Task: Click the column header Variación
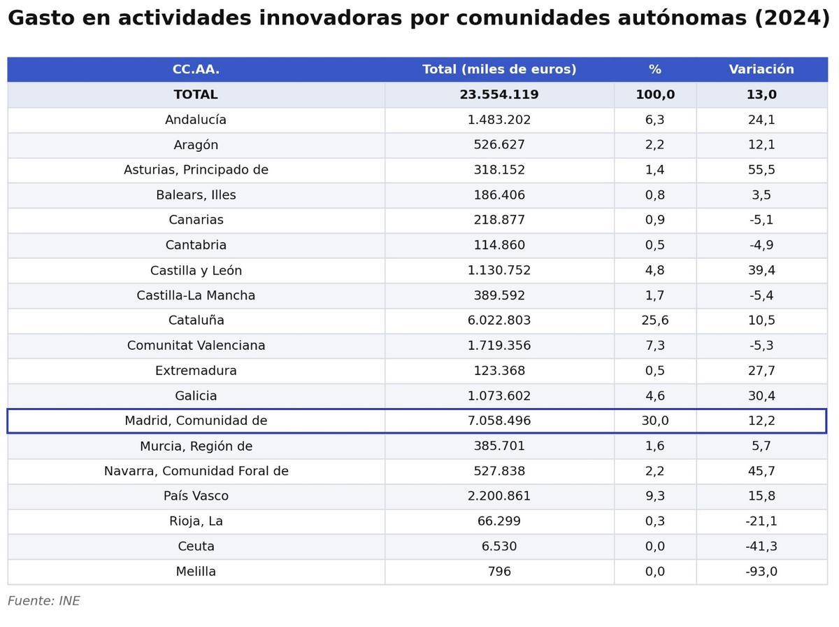click(761, 69)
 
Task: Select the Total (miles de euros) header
click(499, 69)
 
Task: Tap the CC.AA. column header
click(196, 69)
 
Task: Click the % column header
click(654, 69)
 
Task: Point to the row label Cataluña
click(196, 320)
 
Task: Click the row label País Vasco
click(196, 496)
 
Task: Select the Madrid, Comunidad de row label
click(196, 421)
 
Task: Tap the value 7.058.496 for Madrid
click(499, 421)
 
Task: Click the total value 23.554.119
click(499, 94)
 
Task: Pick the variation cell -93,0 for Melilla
click(761, 572)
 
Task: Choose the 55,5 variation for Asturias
click(761, 170)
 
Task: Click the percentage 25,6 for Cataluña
click(654, 320)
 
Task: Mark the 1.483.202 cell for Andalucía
click(499, 120)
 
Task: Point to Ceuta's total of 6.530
click(499, 547)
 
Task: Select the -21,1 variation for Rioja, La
click(761, 521)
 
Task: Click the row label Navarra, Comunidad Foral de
click(196, 471)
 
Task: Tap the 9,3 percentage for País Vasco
click(654, 496)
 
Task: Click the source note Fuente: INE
click(43, 601)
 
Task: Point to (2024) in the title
click(791, 18)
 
